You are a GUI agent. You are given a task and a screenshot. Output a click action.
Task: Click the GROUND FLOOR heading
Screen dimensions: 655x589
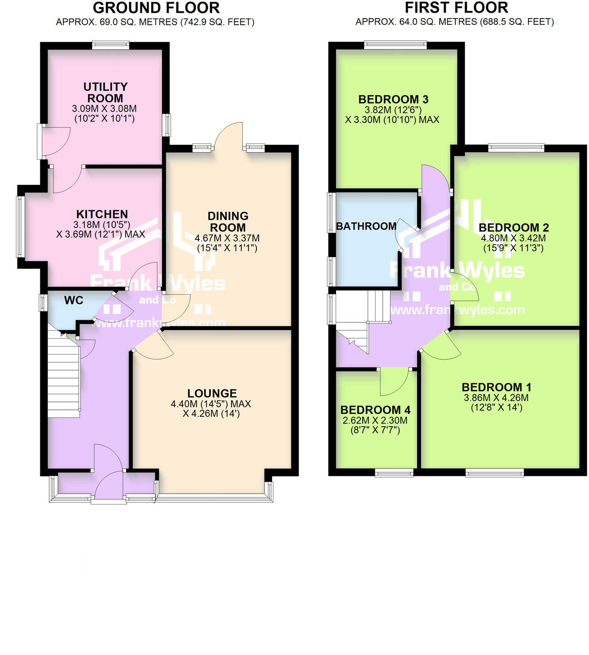click(156, 8)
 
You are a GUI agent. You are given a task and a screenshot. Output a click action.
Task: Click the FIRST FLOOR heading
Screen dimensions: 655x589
click(456, 8)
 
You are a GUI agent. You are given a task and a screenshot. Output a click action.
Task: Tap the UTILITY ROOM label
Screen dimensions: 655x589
click(105, 92)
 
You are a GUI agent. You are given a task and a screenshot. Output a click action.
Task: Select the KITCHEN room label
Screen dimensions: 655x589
click(102, 214)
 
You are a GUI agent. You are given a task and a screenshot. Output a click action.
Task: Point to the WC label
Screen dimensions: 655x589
click(74, 301)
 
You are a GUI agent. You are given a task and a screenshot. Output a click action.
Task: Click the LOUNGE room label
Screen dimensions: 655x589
click(212, 393)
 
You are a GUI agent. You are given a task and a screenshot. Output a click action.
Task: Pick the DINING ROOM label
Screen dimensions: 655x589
click(228, 222)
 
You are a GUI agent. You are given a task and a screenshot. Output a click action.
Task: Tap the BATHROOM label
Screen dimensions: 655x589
click(366, 226)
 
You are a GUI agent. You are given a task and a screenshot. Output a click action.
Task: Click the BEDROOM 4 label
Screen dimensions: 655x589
click(375, 410)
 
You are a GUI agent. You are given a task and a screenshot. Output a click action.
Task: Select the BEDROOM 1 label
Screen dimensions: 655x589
click(496, 387)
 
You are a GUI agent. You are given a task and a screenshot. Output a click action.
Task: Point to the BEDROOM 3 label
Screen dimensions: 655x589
click(393, 100)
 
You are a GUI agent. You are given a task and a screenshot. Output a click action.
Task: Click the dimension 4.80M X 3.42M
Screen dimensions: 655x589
click(513, 238)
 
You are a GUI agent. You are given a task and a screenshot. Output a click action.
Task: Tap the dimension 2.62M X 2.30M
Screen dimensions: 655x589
click(375, 420)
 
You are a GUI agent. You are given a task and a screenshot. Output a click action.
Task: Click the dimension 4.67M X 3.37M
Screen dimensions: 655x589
click(227, 238)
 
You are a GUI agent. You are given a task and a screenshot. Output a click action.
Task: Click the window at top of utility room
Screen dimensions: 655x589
click(111, 45)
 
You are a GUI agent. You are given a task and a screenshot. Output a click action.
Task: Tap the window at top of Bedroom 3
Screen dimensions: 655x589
click(395, 45)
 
